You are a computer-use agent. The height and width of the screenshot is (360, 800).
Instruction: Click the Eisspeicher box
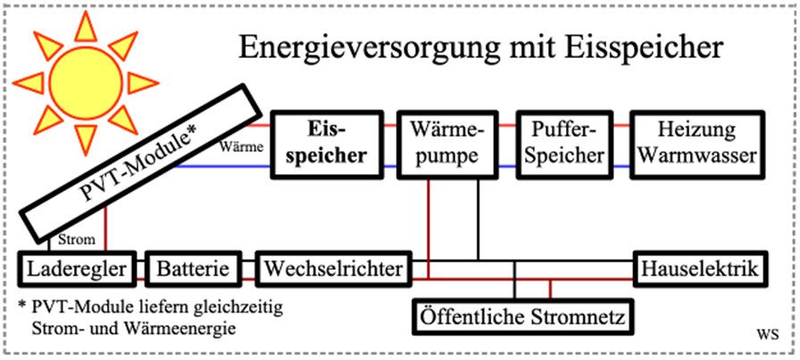(331, 142)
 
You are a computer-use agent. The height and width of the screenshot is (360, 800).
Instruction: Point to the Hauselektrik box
(699, 268)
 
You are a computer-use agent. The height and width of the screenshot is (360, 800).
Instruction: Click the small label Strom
(71, 239)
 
